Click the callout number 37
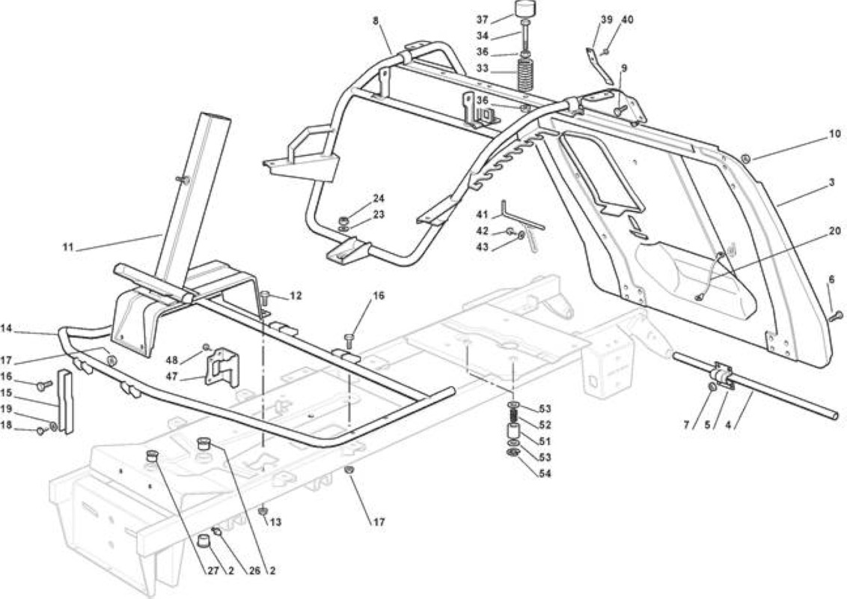point(483,19)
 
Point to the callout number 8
point(376,20)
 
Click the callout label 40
point(627,19)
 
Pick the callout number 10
point(834,133)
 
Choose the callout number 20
point(834,231)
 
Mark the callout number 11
point(67,248)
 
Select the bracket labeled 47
point(221,367)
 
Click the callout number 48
point(172,360)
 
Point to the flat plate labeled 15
point(65,401)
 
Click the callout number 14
point(7,328)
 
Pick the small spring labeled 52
point(514,416)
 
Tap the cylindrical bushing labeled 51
point(514,433)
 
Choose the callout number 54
point(545,473)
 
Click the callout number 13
point(275,522)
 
